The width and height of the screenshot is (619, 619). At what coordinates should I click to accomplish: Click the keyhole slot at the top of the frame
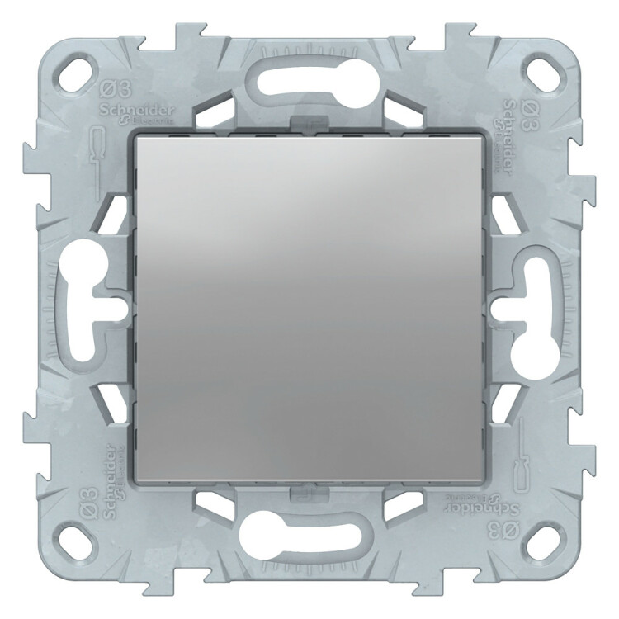(x=309, y=78)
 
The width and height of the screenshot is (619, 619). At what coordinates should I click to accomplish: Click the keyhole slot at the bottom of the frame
(x=309, y=541)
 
